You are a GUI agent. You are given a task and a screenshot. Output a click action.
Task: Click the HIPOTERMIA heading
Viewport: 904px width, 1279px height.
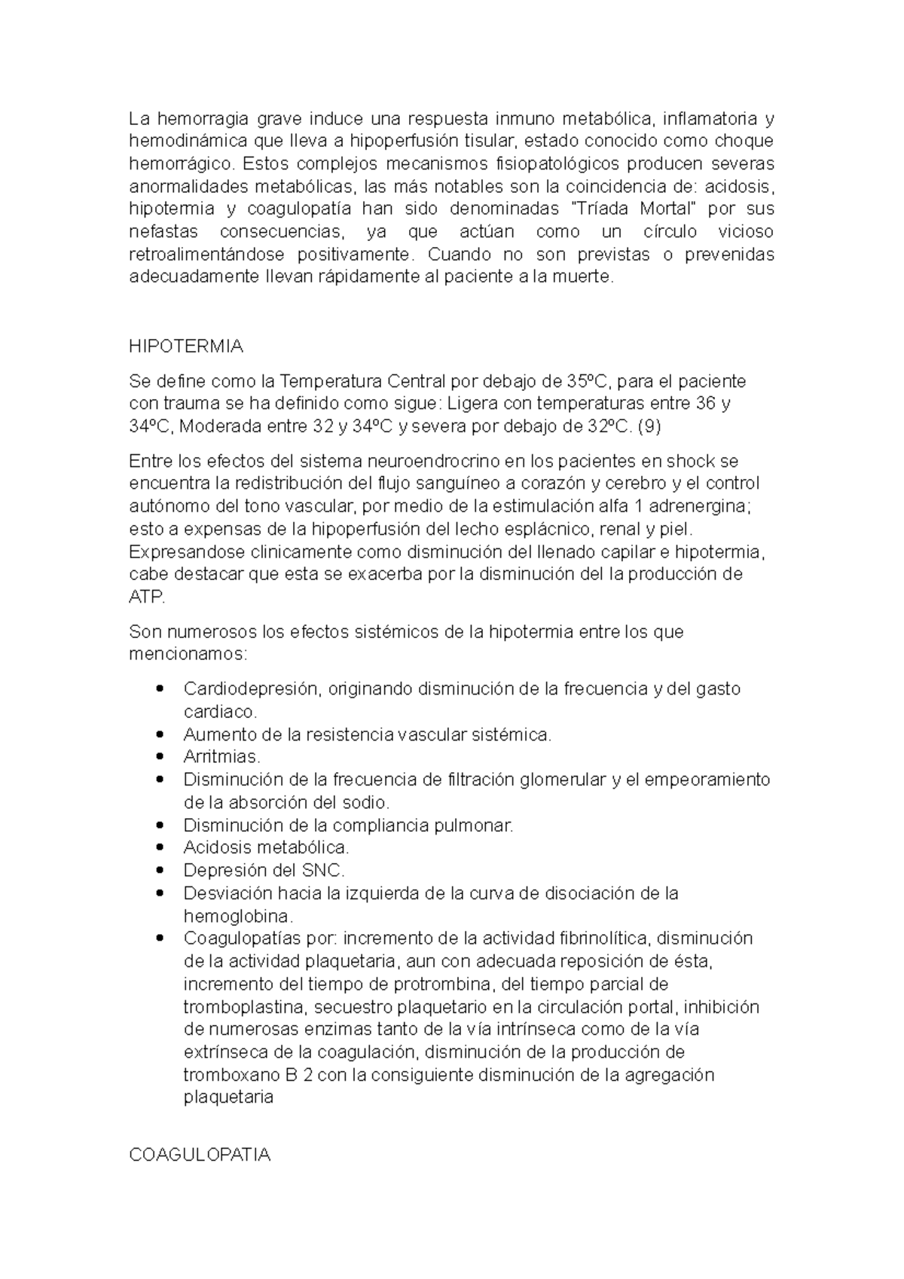click(186, 346)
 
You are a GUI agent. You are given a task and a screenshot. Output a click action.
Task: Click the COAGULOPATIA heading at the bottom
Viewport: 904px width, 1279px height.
click(200, 1155)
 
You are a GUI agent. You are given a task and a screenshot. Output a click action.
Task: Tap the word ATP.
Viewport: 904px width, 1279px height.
click(146, 597)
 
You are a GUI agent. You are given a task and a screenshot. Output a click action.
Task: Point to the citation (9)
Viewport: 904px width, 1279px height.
click(649, 426)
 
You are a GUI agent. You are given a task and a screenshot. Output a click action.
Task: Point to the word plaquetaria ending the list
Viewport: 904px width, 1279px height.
click(228, 1097)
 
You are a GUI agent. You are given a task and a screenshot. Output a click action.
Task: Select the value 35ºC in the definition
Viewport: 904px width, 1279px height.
click(592, 381)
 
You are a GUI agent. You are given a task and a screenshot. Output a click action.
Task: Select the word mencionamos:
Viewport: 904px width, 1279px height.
click(188, 653)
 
